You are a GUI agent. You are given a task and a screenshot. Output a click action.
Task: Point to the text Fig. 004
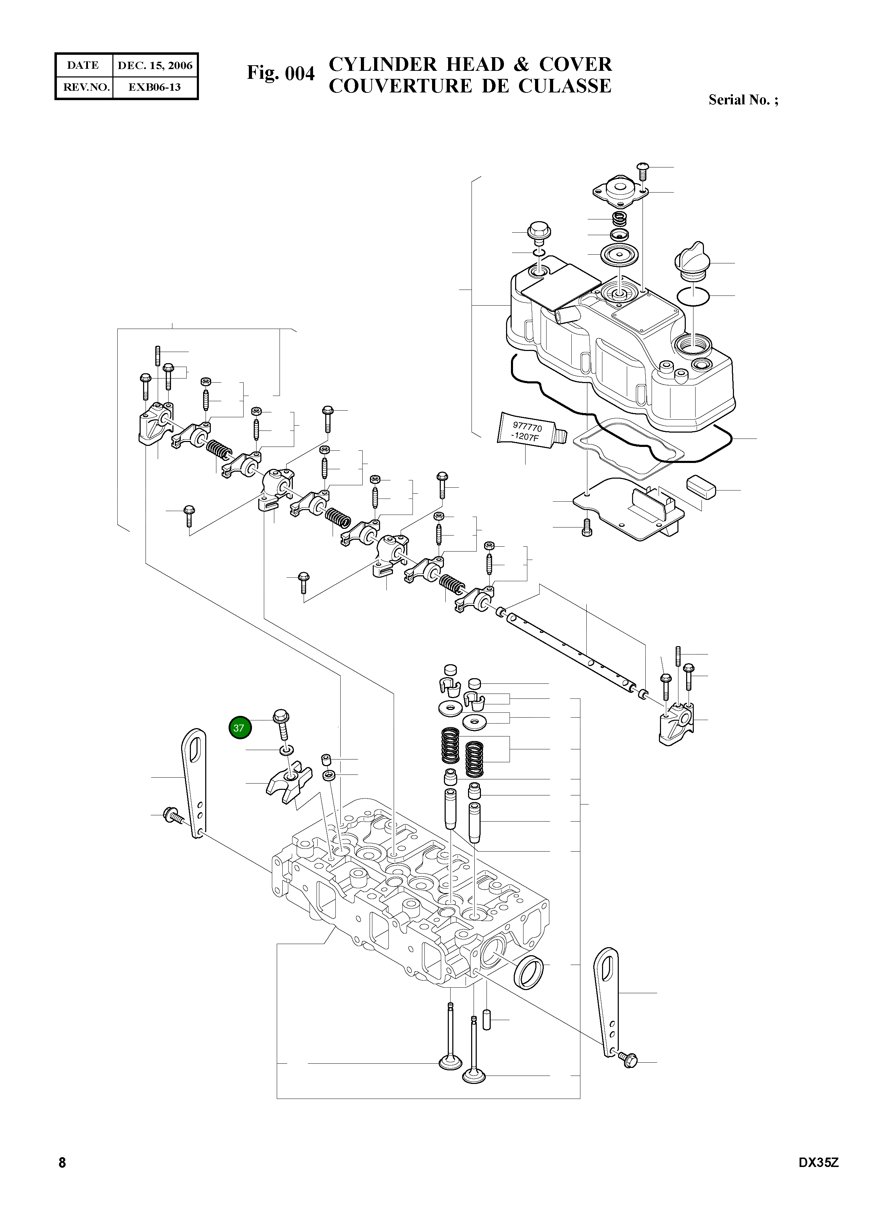[281, 73]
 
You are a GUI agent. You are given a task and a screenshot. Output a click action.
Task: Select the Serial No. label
[743, 100]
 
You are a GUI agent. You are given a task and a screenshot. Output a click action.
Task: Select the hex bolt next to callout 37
[282, 724]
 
